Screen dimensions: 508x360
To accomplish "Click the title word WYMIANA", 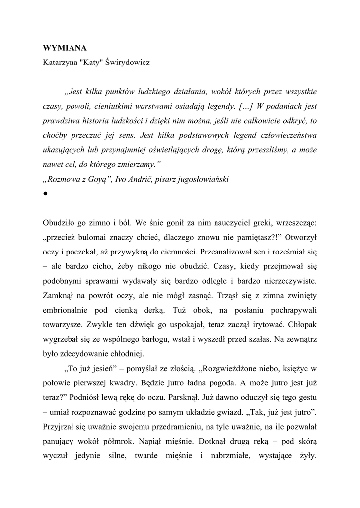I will (65, 48).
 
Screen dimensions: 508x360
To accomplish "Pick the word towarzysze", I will (62, 324).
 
